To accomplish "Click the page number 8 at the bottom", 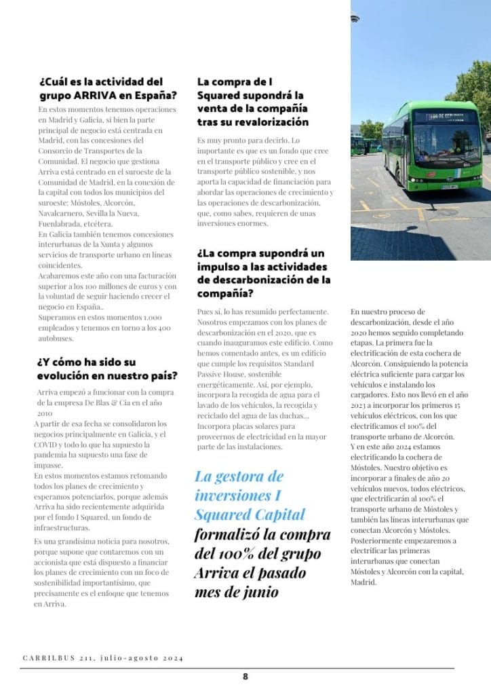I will (245, 676).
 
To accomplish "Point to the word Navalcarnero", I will (62, 212).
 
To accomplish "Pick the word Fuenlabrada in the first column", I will (62, 223).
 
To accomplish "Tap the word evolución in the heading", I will (66, 375).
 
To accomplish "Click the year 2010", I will (45, 413).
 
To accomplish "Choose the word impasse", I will (48, 465).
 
